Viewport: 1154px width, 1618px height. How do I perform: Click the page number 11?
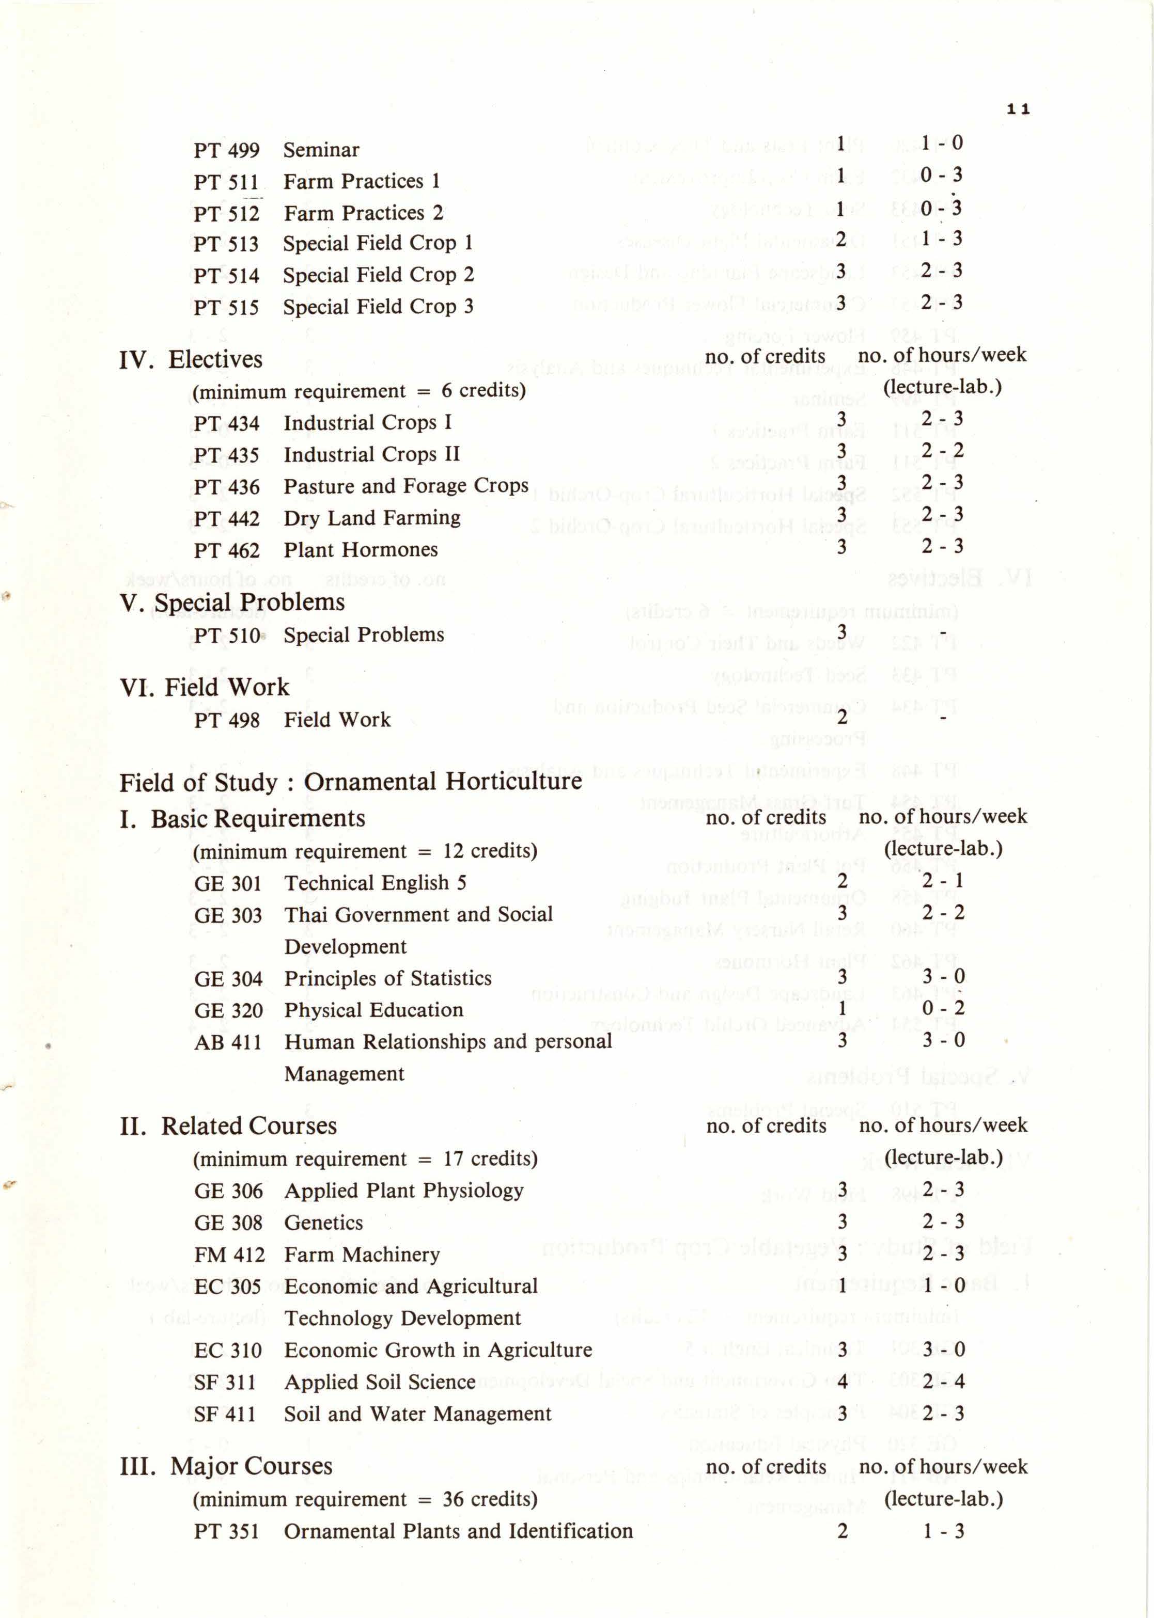(1018, 109)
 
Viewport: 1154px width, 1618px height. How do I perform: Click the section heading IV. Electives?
(191, 359)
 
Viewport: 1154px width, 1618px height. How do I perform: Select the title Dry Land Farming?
(371, 518)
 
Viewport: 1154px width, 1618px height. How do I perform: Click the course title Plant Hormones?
(360, 550)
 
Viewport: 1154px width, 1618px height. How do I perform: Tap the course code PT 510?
(227, 635)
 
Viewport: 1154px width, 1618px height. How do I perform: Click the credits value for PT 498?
(841, 718)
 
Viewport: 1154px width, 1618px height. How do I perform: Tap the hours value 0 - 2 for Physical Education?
(943, 1009)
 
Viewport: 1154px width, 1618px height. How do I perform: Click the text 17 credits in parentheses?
(490, 1159)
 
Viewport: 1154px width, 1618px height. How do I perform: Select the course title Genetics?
(323, 1223)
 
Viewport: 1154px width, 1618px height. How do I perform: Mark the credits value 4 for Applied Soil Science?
(841, 1382)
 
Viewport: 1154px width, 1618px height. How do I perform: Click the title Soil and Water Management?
(417, 1414)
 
